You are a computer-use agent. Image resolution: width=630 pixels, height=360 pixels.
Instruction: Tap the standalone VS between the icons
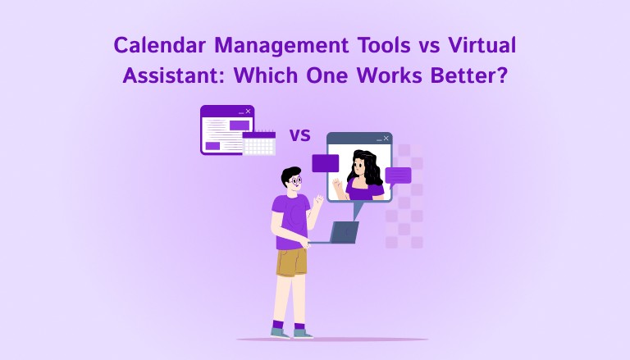[300, 133]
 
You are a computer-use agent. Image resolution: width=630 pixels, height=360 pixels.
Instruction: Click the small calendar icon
[258, 144]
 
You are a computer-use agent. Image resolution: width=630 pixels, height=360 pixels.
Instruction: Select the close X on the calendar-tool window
[248, 111]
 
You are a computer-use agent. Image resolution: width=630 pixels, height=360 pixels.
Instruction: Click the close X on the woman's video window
[386, 139]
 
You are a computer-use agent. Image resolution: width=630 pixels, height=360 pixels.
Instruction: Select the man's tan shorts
[291, 262]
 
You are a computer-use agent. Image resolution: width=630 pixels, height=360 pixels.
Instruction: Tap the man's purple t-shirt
[289, 220]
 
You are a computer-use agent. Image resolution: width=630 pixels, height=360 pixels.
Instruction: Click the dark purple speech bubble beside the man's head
[325, 163]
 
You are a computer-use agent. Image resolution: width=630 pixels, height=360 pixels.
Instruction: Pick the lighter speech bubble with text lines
[399, 175]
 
